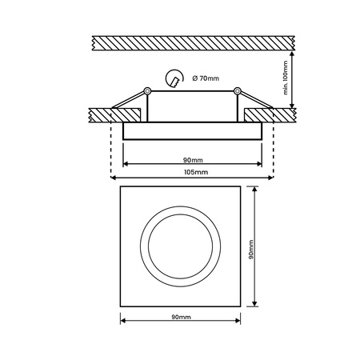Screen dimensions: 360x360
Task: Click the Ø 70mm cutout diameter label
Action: point(206,78)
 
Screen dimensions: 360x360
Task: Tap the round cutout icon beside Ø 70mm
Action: point(172,78)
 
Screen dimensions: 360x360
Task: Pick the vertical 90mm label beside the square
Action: point(250,247)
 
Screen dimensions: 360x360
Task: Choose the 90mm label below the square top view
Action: point(181,318)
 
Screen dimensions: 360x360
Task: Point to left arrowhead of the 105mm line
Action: point(113,178)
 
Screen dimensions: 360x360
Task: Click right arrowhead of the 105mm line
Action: point(270,178)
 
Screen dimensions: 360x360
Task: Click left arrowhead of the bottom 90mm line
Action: point(123,323)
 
